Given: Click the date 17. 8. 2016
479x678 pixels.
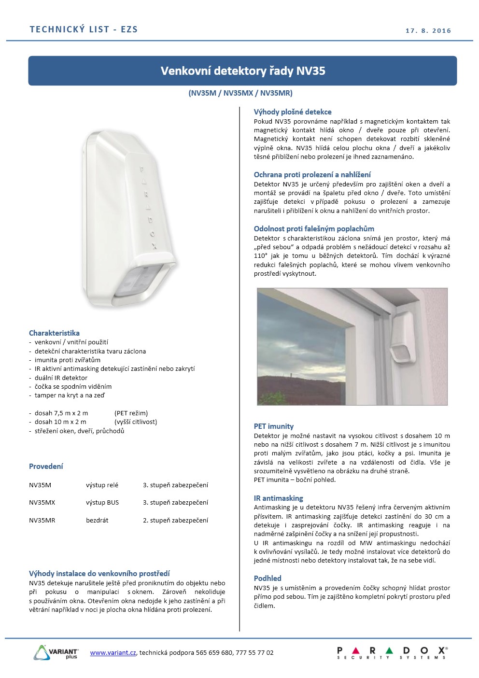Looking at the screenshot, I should [x=428, y=31].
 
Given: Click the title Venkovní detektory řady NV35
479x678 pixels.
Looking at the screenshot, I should [x=243, y=71].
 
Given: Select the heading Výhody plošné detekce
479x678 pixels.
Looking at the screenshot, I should [x=293, y=112].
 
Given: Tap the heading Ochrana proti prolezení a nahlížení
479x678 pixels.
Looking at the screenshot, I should [x=312, y=175].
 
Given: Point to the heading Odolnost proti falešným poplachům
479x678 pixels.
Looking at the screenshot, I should [x=314, y=229].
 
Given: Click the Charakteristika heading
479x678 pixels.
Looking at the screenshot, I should [x=54, y=333].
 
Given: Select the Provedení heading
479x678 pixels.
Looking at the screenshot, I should [x=46, y=466].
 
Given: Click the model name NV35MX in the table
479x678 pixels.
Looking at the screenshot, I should [x=42, y=503].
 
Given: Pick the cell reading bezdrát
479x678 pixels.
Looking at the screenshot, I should [x=97, y=521].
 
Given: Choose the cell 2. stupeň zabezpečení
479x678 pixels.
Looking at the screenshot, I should [x=175, y=521].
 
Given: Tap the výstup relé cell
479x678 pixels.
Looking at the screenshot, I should [x=102, y=485].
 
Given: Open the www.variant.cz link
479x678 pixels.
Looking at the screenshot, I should [x=113, y=653].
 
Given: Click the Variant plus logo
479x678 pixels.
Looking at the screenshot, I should [x=56, y=652].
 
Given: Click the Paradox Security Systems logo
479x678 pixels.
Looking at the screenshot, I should [x=392, y=653].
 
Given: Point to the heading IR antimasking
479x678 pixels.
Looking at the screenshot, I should [x=279, y=498].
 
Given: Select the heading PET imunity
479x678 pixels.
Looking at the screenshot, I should [x=274, y=426].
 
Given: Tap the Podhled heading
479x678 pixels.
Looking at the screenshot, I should [x=268, y=579].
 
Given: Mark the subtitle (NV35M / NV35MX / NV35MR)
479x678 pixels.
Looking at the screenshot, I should [x=240, y=93].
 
